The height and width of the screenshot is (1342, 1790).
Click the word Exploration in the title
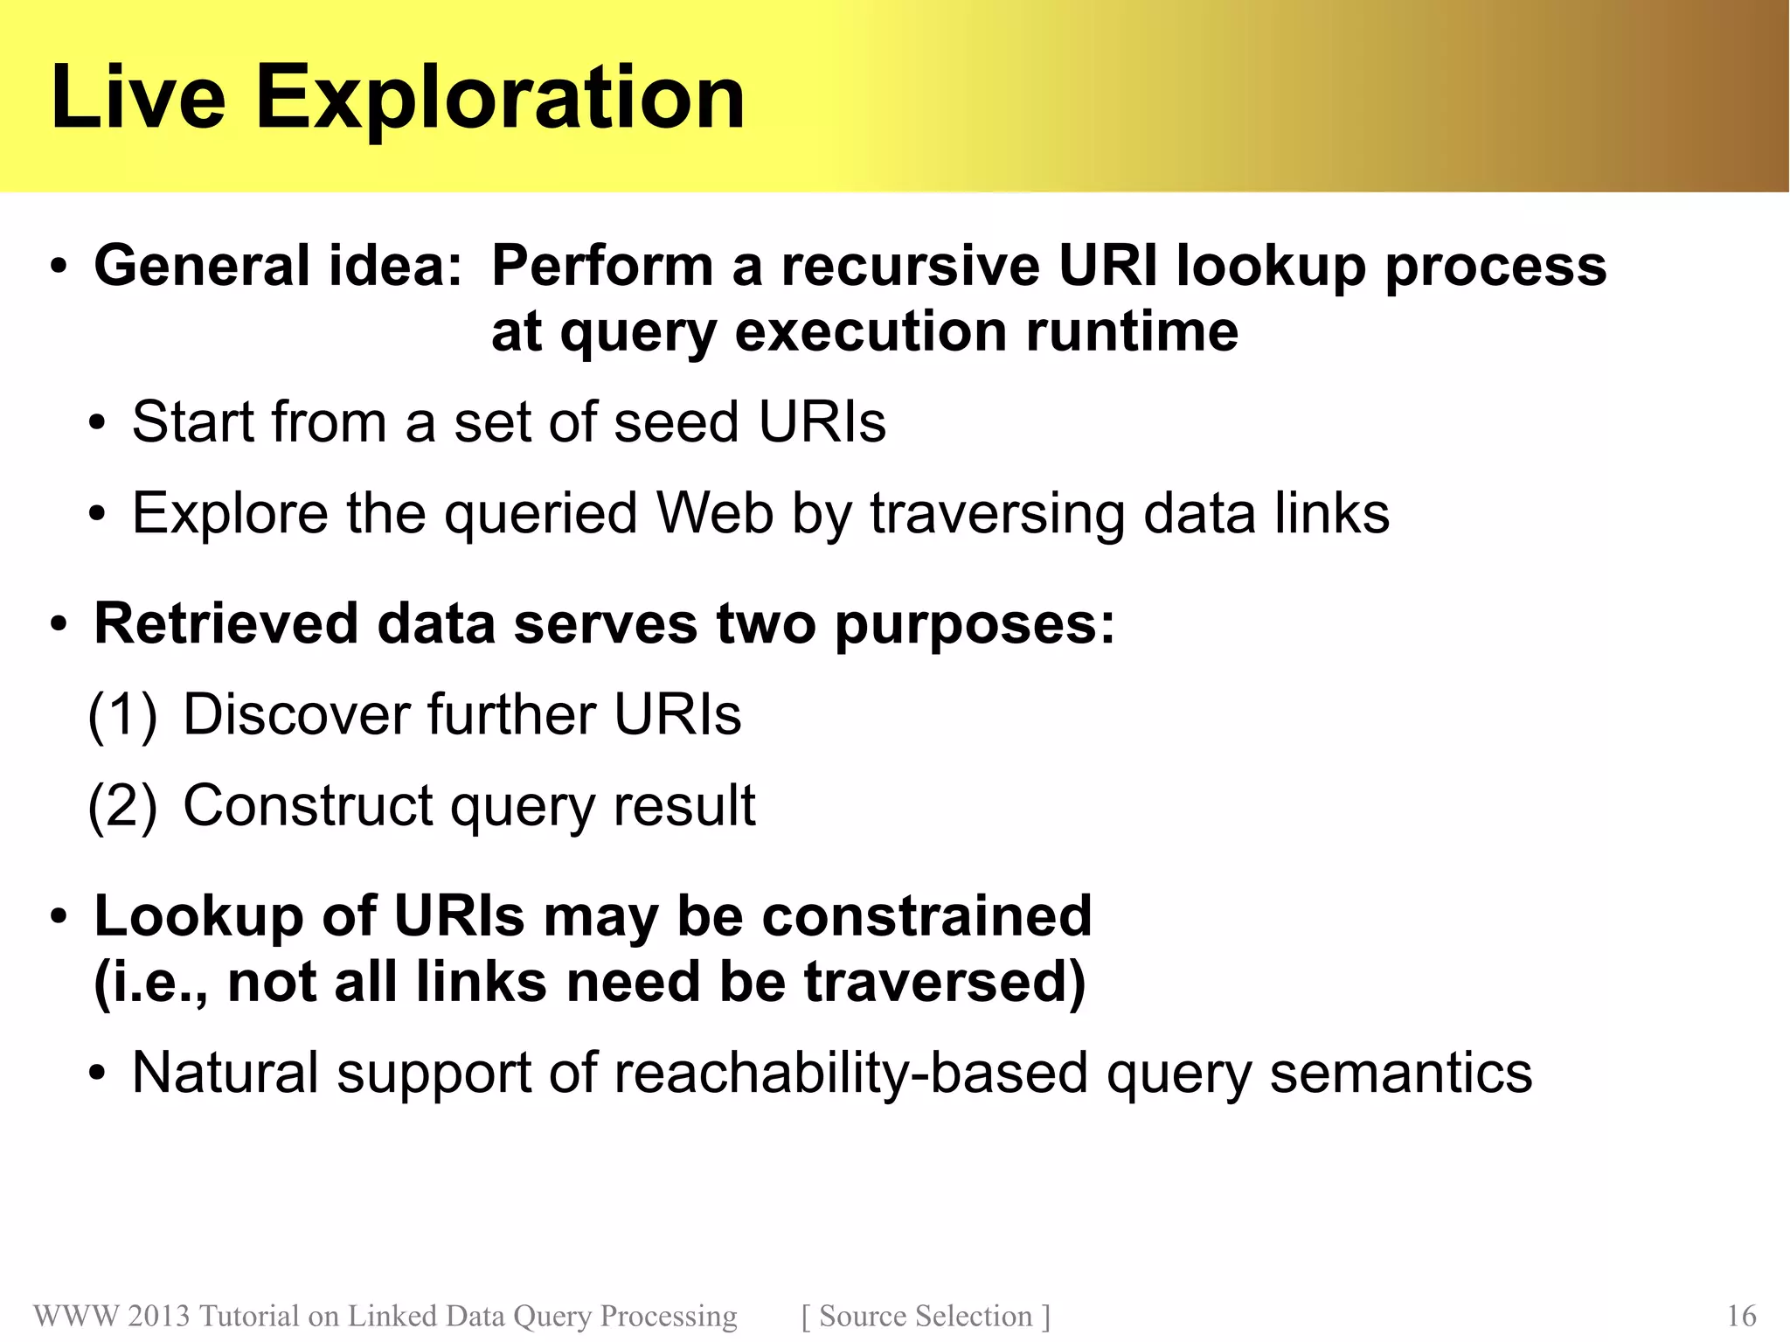point(499,98)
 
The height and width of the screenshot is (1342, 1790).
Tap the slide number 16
point(1741,1316)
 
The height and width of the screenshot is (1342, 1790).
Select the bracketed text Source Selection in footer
point(925,1316)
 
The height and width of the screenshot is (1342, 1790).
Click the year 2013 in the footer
point(158,1316)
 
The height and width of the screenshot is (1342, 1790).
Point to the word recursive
point(910,266)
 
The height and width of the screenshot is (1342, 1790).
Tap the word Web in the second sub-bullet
point(714,513)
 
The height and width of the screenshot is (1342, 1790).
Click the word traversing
point(996,515)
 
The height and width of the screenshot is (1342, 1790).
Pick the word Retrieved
point(226,624)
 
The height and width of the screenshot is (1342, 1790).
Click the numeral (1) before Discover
point(122,715)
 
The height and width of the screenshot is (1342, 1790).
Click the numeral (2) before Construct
point(122,806)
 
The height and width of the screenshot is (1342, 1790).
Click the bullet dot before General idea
point(58,268)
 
